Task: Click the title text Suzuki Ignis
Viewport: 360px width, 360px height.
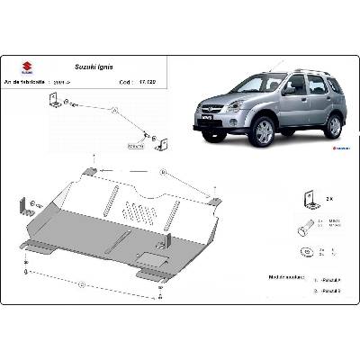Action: tap(88, 67)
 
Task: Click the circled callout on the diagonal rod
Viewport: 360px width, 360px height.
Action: tap(116, 109)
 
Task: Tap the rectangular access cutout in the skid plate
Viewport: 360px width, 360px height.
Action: tap(148, 263)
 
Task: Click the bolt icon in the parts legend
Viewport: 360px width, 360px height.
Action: tap(304, 225)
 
